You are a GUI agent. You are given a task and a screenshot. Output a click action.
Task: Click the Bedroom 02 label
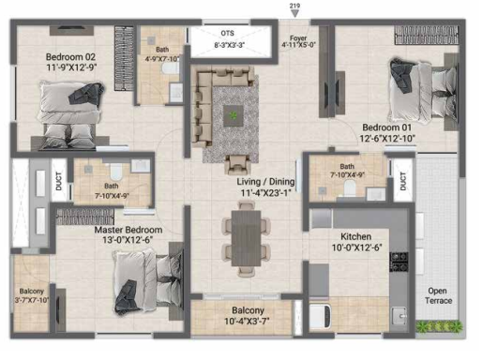[70, 57]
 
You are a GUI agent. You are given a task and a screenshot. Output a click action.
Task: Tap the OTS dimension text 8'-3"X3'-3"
[229, 45]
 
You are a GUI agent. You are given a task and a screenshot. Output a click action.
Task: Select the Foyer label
[298, 37]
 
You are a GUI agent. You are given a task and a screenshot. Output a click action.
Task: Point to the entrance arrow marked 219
[294, 13]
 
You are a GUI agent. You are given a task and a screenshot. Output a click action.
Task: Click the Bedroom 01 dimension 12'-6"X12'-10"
[387, 138]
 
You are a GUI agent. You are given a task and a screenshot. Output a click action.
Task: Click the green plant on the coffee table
[233, 115]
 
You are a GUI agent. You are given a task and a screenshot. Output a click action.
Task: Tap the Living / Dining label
[265, 182]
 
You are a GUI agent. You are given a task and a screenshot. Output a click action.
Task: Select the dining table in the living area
[246, 238]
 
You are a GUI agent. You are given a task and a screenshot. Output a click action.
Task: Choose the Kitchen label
[356, 236]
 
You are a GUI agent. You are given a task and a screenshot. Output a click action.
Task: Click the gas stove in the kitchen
[399, 262]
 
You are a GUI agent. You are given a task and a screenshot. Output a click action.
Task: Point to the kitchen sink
[400, 317]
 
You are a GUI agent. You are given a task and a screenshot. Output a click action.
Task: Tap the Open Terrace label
[438, 295]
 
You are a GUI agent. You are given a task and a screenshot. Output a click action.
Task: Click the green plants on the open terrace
[439, 326]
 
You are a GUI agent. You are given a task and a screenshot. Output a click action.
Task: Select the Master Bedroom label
[128, 230]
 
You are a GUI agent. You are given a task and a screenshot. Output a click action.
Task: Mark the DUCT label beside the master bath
[59, 181]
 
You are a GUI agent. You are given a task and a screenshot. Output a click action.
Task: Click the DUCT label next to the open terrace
[402, 181]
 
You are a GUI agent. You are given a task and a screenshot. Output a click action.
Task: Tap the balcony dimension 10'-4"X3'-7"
[247, 321]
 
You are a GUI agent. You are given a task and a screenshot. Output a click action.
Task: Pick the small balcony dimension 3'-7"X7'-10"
[32, 300]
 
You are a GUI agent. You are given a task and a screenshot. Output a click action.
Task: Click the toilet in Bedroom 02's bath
[171, 67]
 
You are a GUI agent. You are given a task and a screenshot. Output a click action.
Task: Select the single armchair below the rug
[237, 164]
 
